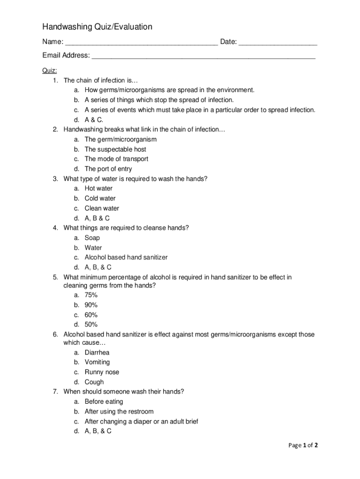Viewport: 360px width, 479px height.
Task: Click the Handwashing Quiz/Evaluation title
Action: click(x=97, y=27)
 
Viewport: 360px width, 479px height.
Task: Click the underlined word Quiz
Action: click(x=50, y=71)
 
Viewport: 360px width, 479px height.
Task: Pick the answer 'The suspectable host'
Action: click(x=115, y=149)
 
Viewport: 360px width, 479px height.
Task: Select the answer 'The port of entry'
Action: click(x=108, y=169)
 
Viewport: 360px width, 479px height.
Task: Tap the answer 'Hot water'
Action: click(x=98, y=189)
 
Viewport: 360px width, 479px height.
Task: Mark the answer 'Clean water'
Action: click(x=101, y=208)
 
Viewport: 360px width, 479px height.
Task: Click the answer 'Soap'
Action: click(x=92, y=238)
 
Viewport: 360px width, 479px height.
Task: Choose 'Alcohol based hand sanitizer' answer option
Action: click(x=126, y=257)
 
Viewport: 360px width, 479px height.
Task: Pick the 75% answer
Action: click(x=91, y=295)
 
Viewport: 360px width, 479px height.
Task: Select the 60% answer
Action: click(x=91, y=315)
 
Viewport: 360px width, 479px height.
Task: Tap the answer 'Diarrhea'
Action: click(x=97, y=353)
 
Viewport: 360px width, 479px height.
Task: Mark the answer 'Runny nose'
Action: click(x=101, y=372)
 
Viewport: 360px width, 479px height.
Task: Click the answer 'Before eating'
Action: click(x=104, y=401)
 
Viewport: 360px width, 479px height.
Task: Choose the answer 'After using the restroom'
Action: click(x=119, y=412)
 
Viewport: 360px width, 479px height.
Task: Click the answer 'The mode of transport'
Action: click(x=116, y=159)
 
